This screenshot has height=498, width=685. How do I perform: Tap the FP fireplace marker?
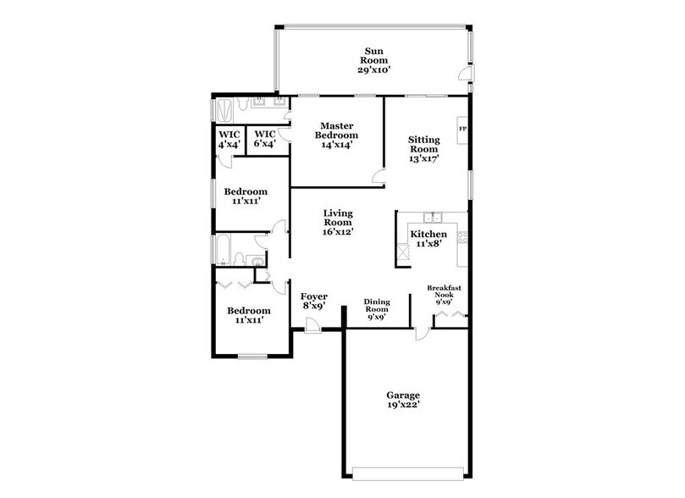(x=462, y=128)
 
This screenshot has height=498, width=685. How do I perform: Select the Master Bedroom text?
(x=337, y=130)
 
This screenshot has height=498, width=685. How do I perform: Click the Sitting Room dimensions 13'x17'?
(x=424, y=158)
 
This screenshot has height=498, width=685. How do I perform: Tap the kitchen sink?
(x=433, y=216)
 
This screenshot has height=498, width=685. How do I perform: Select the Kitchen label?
(x=428, y=234)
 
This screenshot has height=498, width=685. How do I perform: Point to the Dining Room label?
(x=375, y=308)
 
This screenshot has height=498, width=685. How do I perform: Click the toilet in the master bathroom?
(x=242, y=105)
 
